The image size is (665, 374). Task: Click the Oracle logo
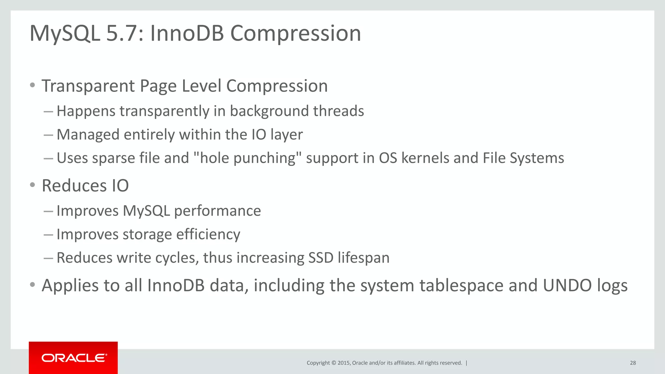click(74, 358)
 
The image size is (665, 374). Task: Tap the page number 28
click(633, 363)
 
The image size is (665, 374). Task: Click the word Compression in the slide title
click(295, 33)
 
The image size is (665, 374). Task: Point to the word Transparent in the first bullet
click(88, 86)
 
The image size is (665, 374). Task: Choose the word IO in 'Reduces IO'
click(120, 186)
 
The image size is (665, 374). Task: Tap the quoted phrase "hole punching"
click(247, 158)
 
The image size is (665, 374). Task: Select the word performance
click(217, 211)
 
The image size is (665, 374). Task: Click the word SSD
click(321, 258)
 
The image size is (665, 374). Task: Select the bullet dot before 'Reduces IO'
click(32, 185)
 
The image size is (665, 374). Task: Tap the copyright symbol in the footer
click(333, 363)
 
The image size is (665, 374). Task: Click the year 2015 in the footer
click(344, 363)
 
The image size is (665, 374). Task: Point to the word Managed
click(88, 135)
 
